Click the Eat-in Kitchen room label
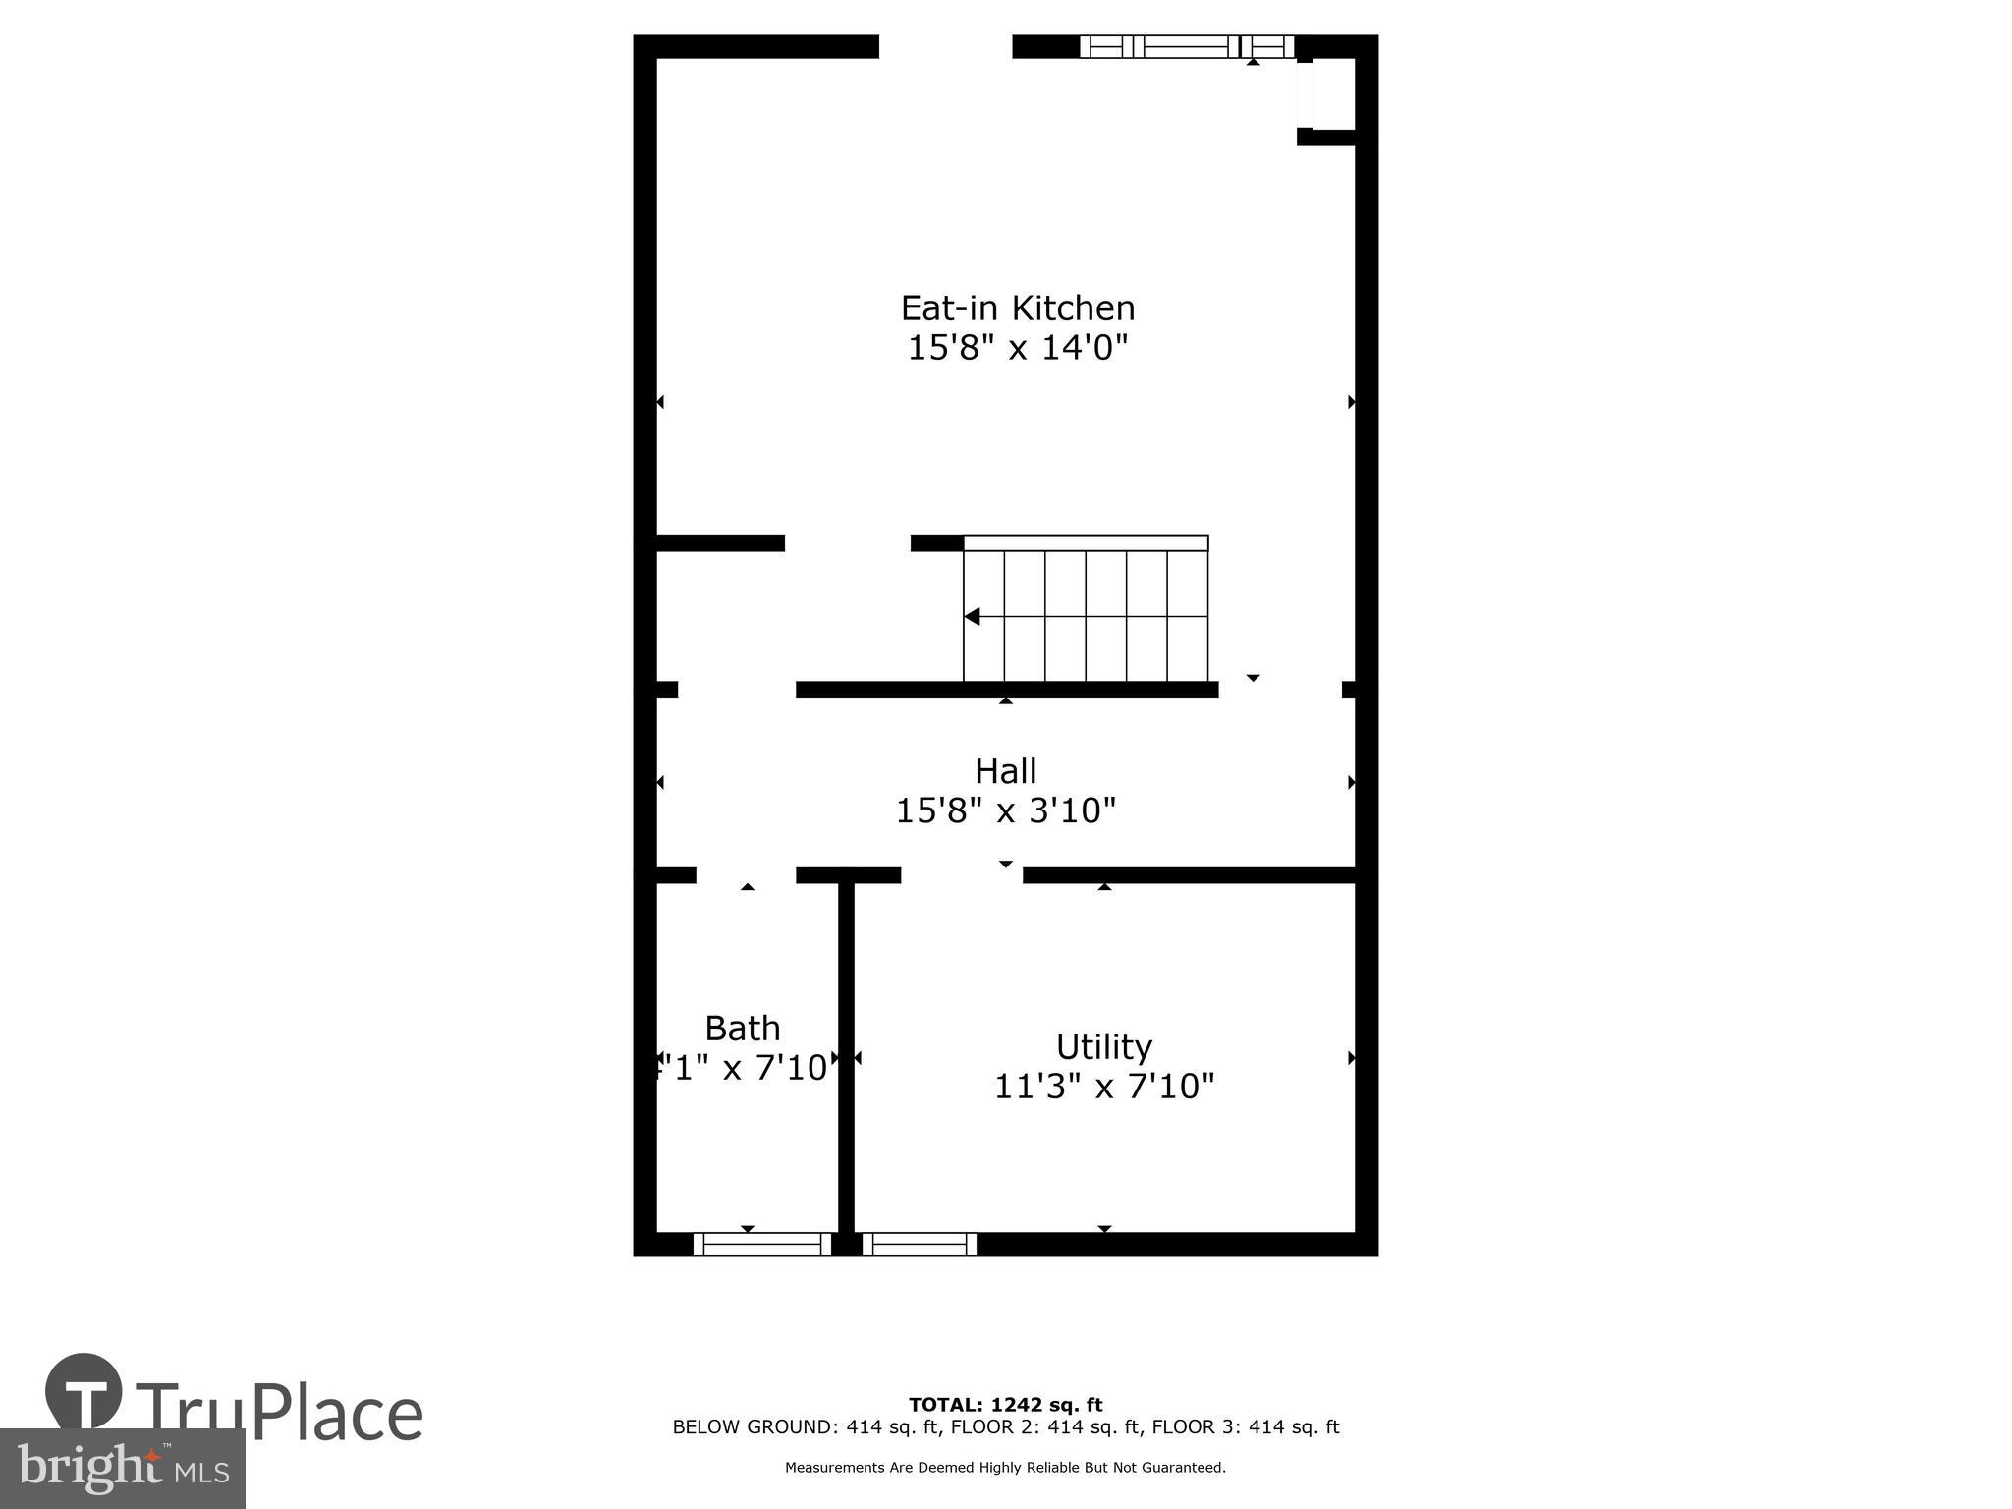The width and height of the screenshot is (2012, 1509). click(x=1018, y=308)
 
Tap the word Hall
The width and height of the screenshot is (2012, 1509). click(x=1005, y=771)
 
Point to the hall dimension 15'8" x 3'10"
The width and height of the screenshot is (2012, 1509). click(x=1006, y=811)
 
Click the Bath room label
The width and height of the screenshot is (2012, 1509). click(x=743, y=1029)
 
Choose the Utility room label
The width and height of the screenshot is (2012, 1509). click(x=1103, y=1047)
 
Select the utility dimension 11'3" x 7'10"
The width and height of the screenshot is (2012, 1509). click(x=1104, y=1088)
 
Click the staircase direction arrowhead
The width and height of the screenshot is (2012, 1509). click(x=973, y=617)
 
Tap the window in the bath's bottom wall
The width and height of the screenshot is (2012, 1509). click(x=762, y=1244)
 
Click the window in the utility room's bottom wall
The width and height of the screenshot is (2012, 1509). click(x=920, y=1244)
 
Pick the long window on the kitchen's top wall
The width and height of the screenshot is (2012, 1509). click(x=1187, y=46)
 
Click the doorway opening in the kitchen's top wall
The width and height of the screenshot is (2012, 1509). click(x=945, y=47)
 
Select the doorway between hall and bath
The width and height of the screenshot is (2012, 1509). click(x=746, y=875)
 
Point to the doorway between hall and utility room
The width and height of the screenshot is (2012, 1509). click(x=962, y=875)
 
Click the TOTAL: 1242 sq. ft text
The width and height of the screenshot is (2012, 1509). click(x=1005, y=1405)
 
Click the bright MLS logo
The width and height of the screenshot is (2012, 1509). click(x=122, y=1468)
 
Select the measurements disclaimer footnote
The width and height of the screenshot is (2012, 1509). click(x=1005, y=1468)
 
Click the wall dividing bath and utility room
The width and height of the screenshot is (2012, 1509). click(x=846, y=1056)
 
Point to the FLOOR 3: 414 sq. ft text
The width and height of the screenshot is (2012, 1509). click(x=1245, y=1427)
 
